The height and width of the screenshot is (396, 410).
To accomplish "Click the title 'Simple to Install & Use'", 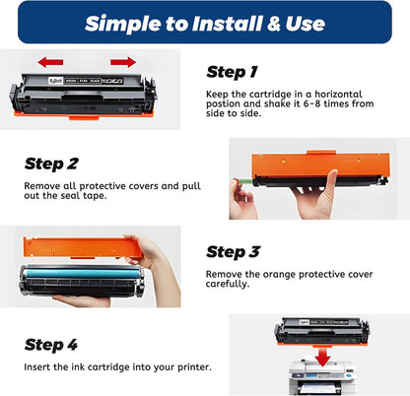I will pyautogui.click(x=204, y=23).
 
